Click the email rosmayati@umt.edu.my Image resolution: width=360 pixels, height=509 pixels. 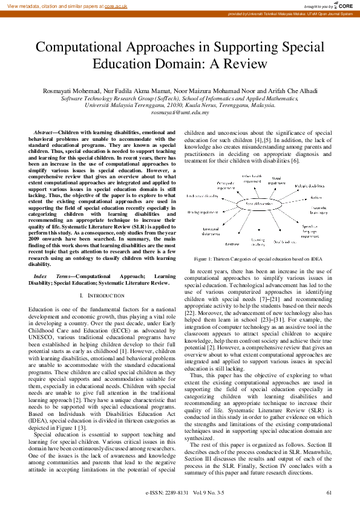[180, 112]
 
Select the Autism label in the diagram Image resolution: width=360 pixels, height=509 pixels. [316, 198]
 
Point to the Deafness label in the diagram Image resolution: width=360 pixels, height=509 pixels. [233, 244]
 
